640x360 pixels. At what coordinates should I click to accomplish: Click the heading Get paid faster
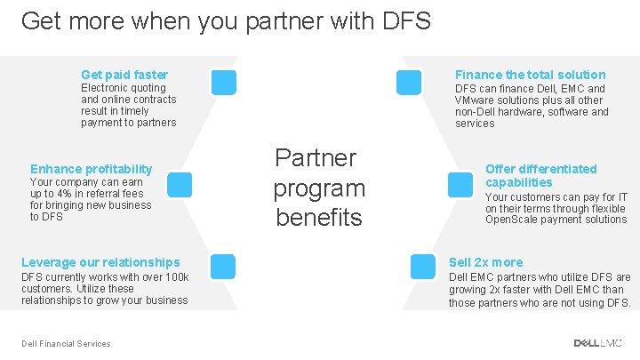[x=124, y=75]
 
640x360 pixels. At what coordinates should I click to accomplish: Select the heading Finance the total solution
[x=530, y=75]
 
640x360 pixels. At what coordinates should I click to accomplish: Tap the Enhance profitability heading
[x=92, y=169]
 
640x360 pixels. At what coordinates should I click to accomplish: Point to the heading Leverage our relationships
[x=100, y=262]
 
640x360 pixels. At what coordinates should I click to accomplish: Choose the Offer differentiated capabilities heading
[x=540, y=175]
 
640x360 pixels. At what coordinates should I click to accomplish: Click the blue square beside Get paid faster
[x=224, y=82]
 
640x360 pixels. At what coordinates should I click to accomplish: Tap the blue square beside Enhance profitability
[x=180, y=184]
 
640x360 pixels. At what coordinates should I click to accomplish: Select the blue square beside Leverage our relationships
[x=224, y=265]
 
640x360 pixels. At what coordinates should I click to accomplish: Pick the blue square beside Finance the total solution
[x=409, y=82]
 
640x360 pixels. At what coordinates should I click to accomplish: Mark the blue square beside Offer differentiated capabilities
[x=460, y=184]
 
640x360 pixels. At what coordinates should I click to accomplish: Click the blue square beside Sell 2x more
[x=421, y=265]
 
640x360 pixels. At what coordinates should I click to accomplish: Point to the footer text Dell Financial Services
[x=67, y=344]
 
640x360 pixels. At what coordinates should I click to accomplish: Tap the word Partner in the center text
[x=316, y=158]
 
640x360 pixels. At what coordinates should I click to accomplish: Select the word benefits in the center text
[x=319, y=217]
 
